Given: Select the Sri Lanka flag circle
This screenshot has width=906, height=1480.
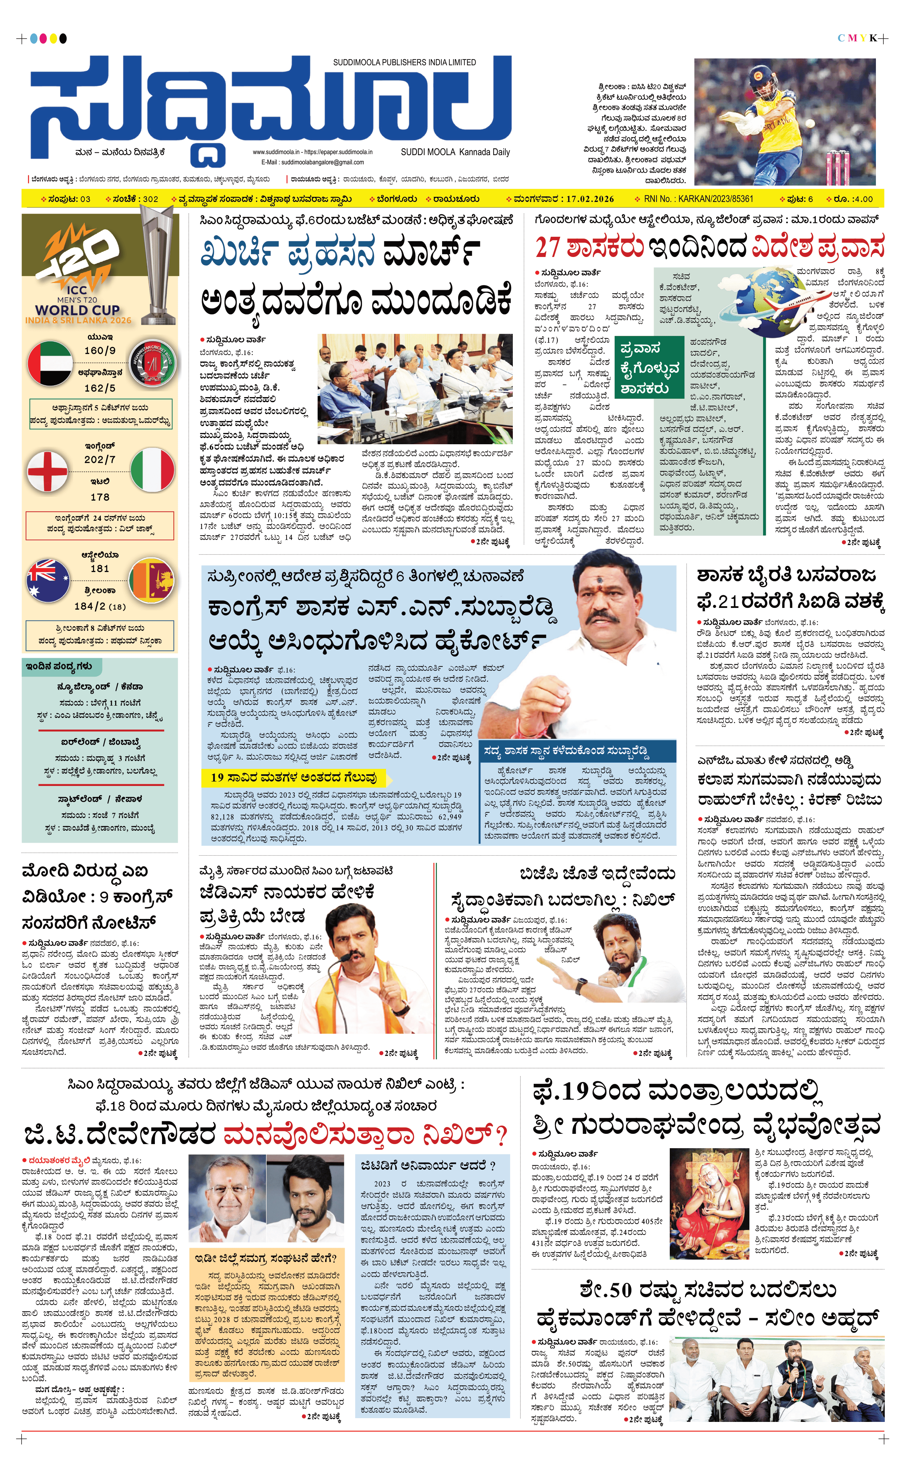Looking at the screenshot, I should point(152,580).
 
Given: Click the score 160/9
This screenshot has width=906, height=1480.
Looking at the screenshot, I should point(100,350).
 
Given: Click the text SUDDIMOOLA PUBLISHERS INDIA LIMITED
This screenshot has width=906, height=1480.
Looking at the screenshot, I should point(404,63).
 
